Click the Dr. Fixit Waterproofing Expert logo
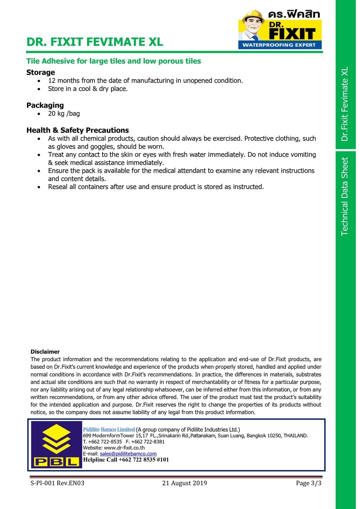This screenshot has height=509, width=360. pos(280,30)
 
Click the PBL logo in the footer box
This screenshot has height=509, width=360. pos(56,445)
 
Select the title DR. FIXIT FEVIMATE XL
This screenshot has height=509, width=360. pos(95,42)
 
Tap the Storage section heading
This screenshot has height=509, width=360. pos(40,72)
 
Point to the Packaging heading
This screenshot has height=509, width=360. pos(45,105)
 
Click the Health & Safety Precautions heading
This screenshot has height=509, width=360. pos(77,130)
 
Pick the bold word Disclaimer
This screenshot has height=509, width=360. pos(45,352)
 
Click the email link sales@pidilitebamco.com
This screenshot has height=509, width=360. pos(128,454)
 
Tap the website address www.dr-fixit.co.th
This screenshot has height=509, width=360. pos(124,448)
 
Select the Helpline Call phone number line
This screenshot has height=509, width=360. pos(126,460)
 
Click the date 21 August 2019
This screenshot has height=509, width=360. pos(184,483)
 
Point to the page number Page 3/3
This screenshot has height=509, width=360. pos(308,483)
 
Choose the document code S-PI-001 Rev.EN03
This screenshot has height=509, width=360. pos(57,483)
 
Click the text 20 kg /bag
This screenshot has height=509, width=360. pos(64,114)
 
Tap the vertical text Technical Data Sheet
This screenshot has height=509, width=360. pos(345,196)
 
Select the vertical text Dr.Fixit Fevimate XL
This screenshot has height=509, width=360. pos(345,104)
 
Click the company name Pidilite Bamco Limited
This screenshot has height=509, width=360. pos(109,430)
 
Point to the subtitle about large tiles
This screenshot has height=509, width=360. pos(113,61)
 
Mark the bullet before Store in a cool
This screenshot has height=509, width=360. pos(39,89)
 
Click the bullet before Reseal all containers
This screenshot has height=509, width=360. pos(39,187)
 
